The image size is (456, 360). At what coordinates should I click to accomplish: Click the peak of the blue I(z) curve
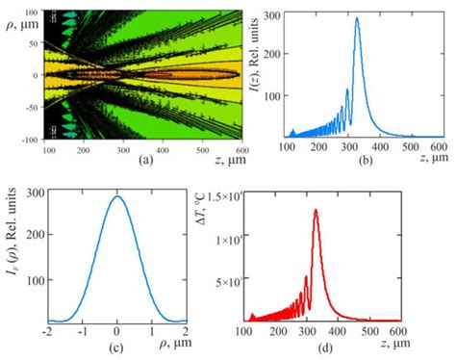[357, 18]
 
